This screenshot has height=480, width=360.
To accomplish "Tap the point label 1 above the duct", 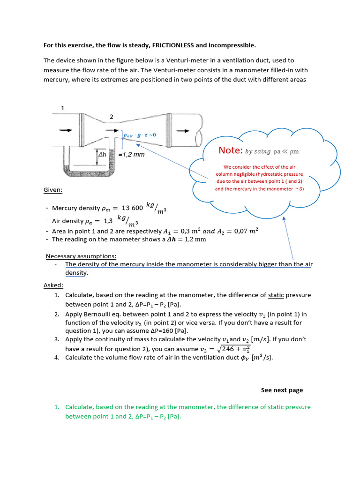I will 62,108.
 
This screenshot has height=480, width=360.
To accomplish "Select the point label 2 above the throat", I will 111,116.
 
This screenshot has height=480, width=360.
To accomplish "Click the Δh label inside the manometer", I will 103,154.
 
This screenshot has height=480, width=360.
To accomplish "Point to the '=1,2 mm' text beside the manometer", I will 132,154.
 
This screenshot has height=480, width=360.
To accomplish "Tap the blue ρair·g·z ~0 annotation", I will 139,135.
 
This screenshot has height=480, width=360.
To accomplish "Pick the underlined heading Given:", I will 53,190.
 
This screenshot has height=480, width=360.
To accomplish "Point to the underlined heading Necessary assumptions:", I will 81,256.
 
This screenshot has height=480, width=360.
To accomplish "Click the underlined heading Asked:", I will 53,285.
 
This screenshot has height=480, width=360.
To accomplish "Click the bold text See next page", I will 282,390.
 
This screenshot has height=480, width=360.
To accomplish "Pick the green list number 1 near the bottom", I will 56,407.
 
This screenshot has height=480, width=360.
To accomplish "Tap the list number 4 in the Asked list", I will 56,358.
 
